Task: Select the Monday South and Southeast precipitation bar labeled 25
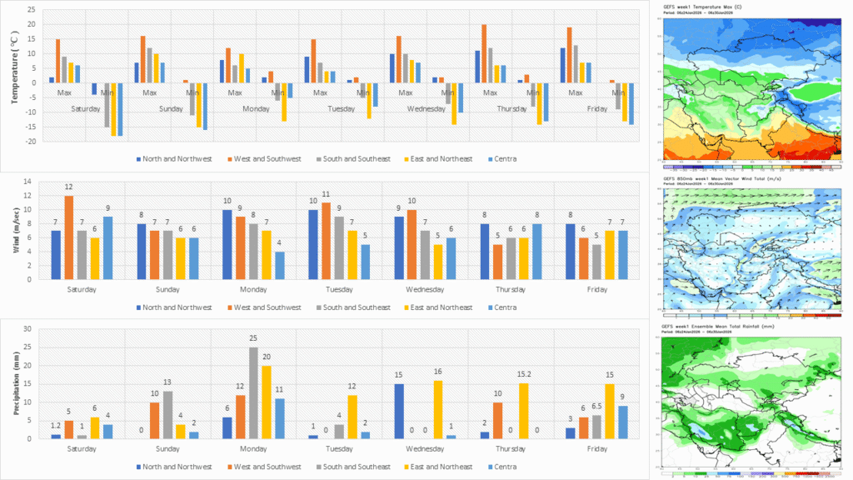(x=253, y=393)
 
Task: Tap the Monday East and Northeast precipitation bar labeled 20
(x=267, y=402)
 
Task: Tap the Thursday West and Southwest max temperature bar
(x=484, y=54)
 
